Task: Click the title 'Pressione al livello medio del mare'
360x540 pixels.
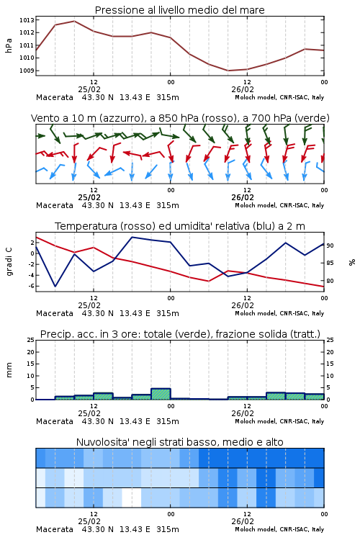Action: click(x=179, y=10)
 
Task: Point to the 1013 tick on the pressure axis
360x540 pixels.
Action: click(x=27, y=20)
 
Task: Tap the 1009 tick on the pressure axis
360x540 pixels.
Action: click(x=27, y=71)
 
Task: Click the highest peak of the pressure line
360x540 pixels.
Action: click(x=74, y=21)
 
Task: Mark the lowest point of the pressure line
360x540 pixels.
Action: click(x=228, y=71)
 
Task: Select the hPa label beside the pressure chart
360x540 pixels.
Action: click(x=9, y=45)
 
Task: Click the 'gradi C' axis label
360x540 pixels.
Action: click(x=9, y=262)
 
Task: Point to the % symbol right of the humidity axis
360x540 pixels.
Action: click(x=352, y=262)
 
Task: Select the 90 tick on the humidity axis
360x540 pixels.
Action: click(x=330, y=246)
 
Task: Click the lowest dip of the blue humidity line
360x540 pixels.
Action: click(x=55, y=286)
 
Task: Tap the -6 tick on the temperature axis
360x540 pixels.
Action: click(x=31, y=286)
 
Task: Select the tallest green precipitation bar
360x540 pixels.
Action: click(x=161, y=394)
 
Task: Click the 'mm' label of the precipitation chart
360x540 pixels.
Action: click(x=9, y=370)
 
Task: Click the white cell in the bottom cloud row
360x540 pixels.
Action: click(x=132, y=498)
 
